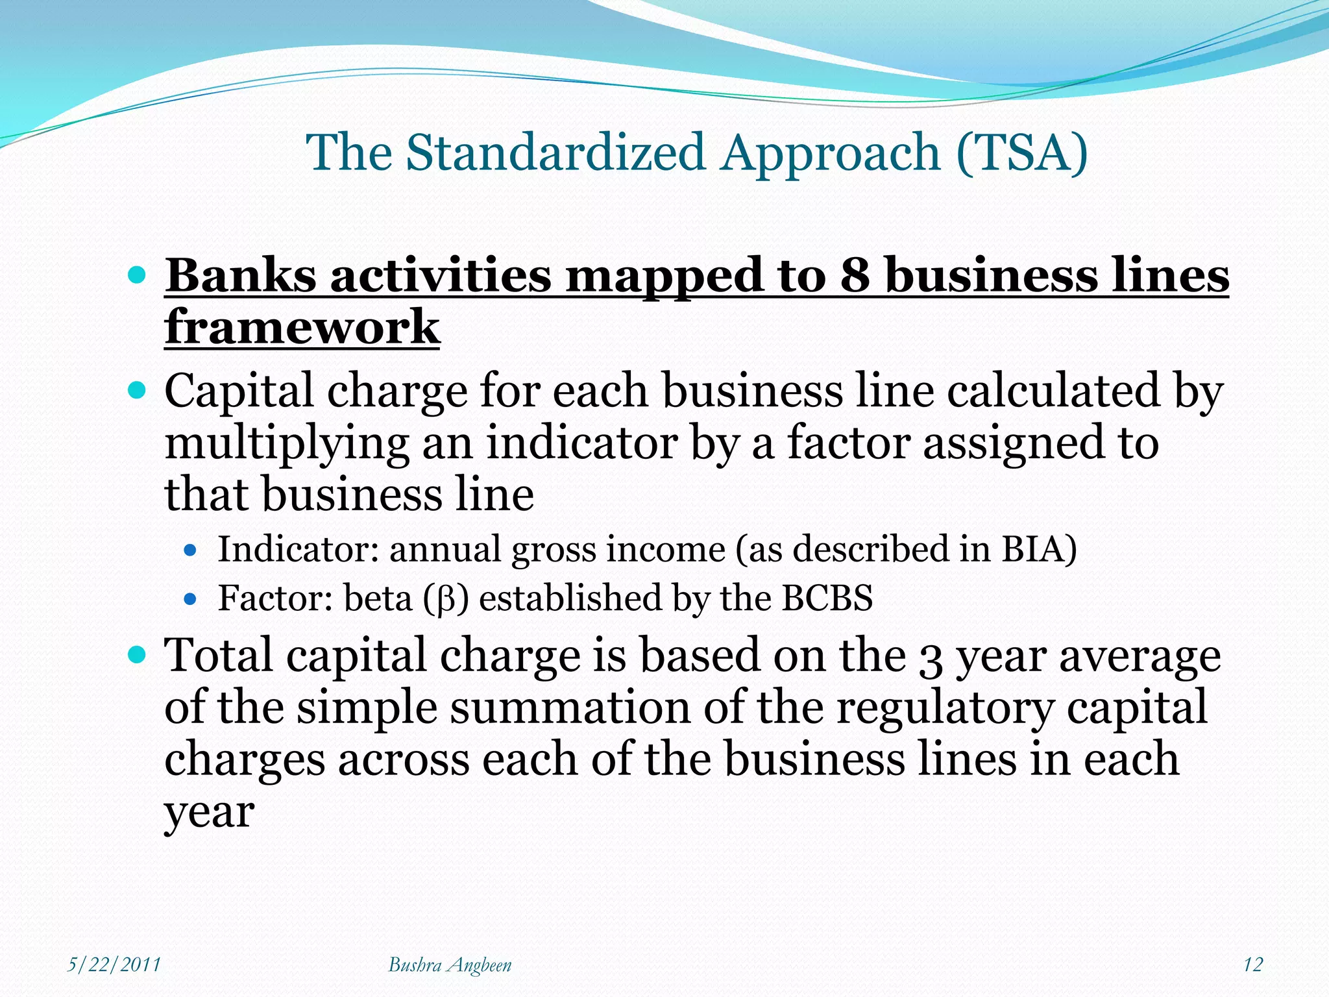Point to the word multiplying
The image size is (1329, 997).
pos(286,445)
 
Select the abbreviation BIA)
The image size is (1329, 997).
pos(1039,549)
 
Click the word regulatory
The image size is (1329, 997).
pos(944,709)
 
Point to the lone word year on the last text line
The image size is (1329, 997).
pos(208,813)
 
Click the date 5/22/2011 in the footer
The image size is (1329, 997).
pos(114,965)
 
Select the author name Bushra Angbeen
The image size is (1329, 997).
pos(450,965)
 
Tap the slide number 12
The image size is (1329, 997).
pos(1252,965)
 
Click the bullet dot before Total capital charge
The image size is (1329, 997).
pos(137,654)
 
